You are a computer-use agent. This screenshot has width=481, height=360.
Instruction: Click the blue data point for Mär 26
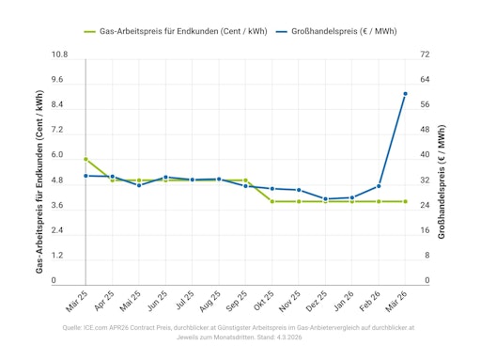coord(405,94)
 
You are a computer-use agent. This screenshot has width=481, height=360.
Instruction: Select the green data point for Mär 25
coord(85,160)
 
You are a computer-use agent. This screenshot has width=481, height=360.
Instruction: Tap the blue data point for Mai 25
coord(139,185)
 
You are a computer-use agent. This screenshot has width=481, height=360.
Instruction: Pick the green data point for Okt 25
coord(272,201)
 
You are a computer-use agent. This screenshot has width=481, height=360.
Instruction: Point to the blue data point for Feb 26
coord(379,186)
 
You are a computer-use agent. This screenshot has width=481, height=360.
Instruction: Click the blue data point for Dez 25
coord(325,199)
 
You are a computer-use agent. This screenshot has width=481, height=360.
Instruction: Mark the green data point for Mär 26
coord(405,201)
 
